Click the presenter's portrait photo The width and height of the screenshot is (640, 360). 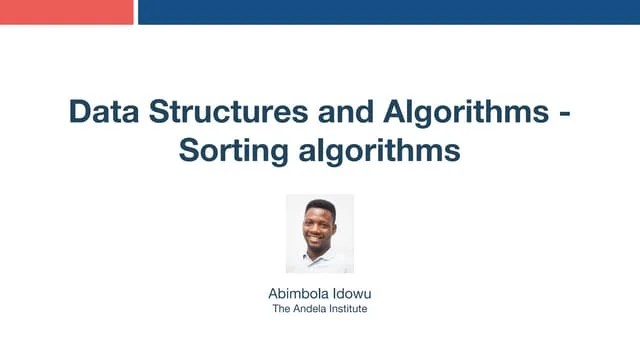(x=320, y=233)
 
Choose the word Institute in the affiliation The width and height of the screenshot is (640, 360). (x=346, y=309)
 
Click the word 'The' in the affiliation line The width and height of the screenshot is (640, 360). (x=281, y=309)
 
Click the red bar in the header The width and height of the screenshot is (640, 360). (x=66, y=11)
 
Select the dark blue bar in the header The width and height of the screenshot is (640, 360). (x=389, y=11)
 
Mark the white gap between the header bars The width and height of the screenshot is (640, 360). (x=136, y=11)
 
